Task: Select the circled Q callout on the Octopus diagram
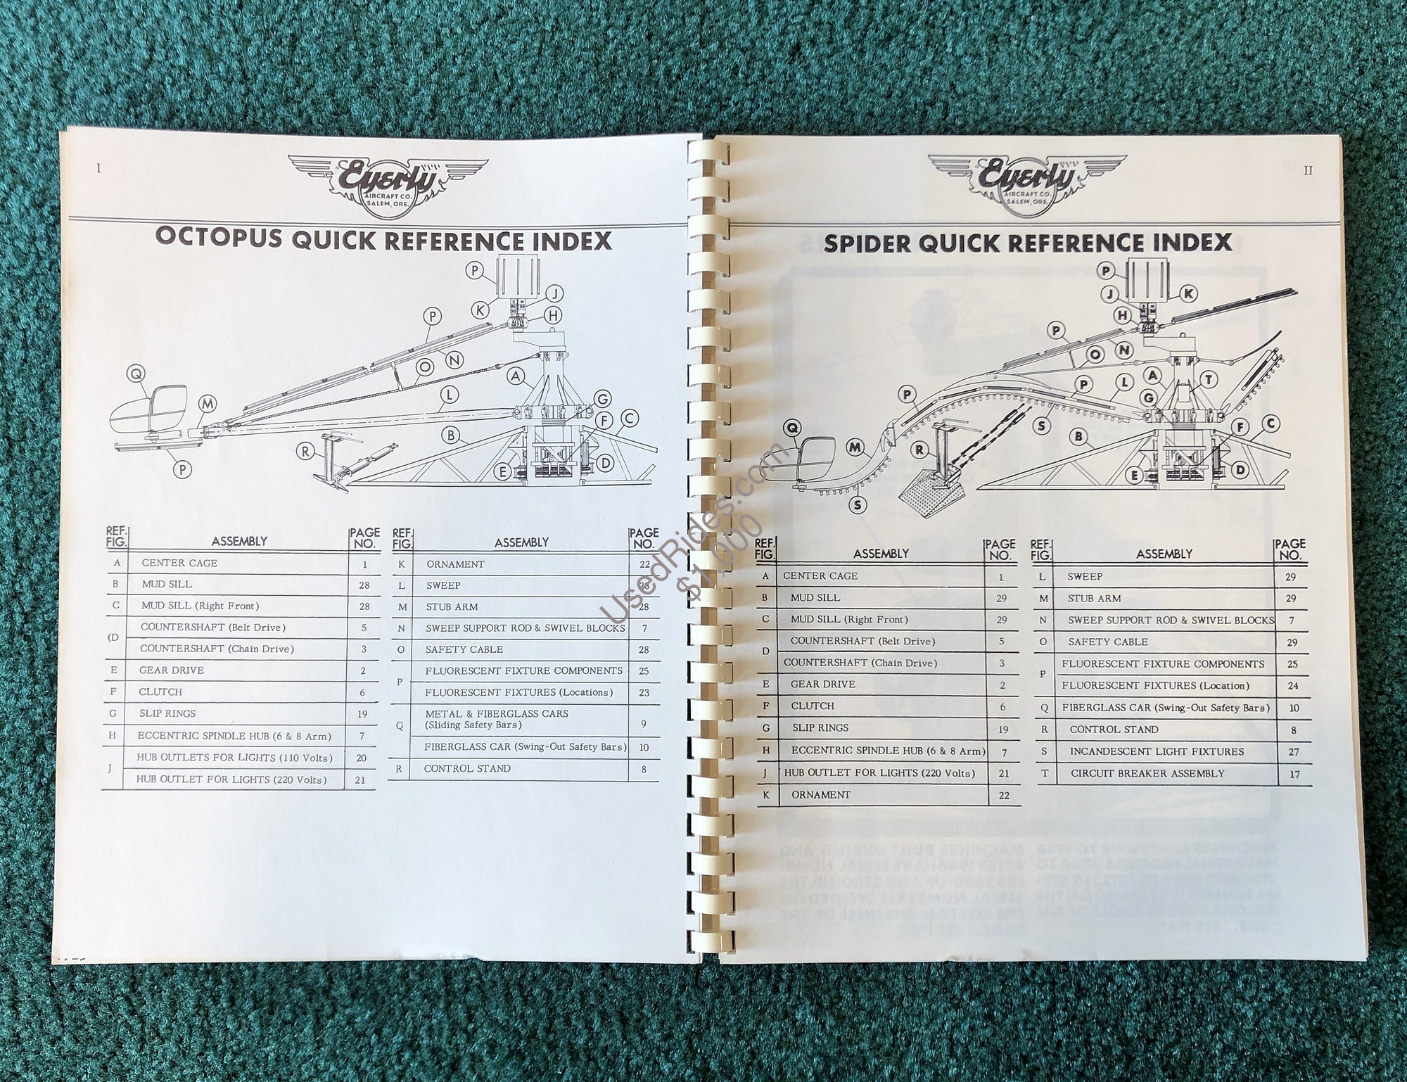coord(136,374)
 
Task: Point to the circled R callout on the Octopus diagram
coord(305,452)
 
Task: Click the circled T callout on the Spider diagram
coord(1209,380)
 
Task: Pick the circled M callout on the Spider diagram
coord(855,447)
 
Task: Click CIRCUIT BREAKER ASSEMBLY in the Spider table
coord(1147,773)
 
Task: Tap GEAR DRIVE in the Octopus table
coord(171,670)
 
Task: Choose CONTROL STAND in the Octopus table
coord(467,768)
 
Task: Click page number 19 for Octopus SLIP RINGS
coord(362,714)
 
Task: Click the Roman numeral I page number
coord(98,168)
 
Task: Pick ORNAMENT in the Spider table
coord(821,795)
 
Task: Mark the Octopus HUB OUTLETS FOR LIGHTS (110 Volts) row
coord(234,758)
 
